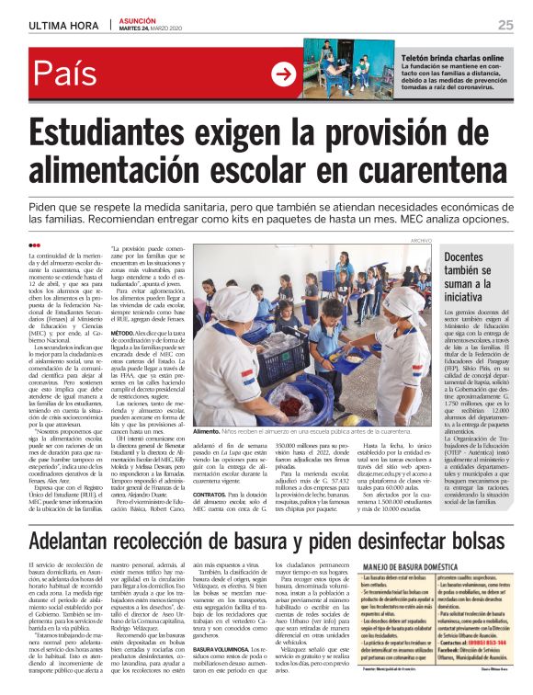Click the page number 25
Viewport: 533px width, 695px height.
point(505,24)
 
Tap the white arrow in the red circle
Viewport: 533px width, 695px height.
point(283,74)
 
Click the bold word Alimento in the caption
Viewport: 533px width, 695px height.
point(207,430)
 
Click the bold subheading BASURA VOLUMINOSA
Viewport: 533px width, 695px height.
point(222,624)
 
